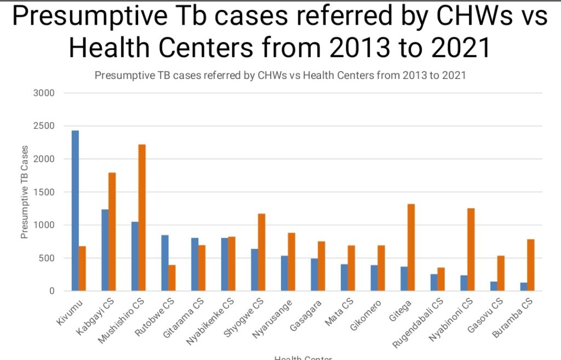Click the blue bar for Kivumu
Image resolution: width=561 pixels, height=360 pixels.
coord(75,210)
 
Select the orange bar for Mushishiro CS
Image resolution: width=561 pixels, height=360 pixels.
coord(142,218)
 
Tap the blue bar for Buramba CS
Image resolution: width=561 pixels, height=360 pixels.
coord(524,287)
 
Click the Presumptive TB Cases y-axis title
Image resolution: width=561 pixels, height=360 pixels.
coord(24,192)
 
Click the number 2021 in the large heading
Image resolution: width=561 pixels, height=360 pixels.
coord(461,48)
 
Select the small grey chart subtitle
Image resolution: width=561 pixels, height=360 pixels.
coord(280,76)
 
